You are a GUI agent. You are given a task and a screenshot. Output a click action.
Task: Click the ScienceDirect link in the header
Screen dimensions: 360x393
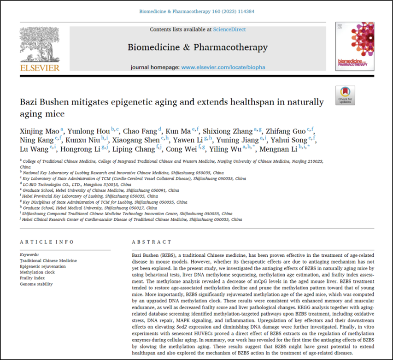pos(229,30)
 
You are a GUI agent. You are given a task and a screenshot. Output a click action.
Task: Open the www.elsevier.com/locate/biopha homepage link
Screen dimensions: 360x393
pos(223,67)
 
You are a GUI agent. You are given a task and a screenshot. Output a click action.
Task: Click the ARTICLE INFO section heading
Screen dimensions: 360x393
pos(41,242)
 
